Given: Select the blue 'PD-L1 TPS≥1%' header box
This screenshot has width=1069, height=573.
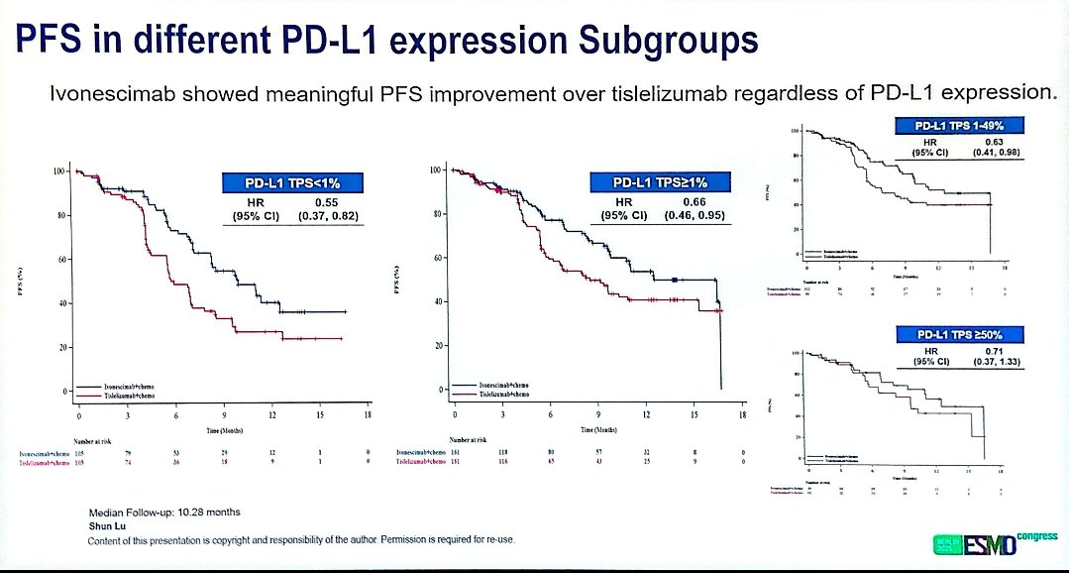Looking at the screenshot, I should click(x=661, y=181).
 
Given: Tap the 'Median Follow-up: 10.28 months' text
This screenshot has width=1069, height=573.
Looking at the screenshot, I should click(x=164, y=512).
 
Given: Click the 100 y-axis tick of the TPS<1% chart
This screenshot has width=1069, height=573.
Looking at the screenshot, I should click(x=58, y=172).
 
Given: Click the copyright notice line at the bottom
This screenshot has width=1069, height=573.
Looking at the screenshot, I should click(x=301, y=539).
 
